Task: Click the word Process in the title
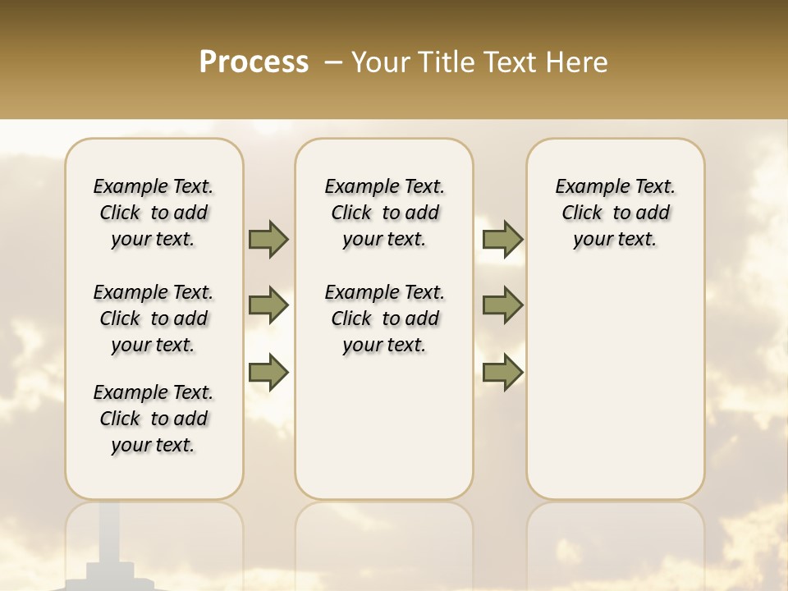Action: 254,62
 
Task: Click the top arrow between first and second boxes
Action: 268,239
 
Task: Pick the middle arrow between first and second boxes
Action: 268,305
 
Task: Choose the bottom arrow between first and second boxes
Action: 268,373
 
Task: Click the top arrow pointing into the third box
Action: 502,239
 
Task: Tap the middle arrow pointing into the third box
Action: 502,305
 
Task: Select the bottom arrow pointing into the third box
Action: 502,373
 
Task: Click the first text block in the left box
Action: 153,213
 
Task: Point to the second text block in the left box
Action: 153,318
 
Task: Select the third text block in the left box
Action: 153,419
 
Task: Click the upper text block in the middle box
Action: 384,213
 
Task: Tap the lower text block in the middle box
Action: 384,318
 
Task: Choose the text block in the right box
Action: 615,213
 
